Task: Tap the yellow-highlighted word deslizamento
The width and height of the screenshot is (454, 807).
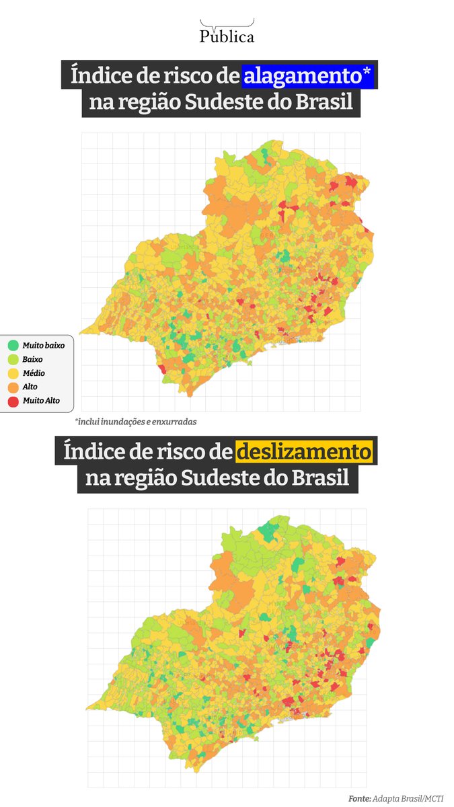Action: coord(303,451)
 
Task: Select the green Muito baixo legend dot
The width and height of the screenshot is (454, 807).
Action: coord(13,345)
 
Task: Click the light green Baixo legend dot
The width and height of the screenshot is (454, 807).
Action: coord(13,359)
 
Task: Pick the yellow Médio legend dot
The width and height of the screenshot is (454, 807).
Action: coord(13,373)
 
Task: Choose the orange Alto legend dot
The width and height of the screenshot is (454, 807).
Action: coord(13,387)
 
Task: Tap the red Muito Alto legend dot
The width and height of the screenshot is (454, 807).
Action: coord(13,400)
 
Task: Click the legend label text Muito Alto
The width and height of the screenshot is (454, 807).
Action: coord(41,400)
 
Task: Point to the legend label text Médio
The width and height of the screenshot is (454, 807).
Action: coord(34,373)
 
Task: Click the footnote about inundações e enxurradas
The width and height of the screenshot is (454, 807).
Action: coord(130,422)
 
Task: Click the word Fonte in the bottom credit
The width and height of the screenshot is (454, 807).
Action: coord(360,798)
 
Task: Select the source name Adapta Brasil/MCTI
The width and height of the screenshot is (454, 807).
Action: coord(408,798)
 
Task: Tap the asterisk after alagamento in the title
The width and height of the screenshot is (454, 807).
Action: coord(367,72)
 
